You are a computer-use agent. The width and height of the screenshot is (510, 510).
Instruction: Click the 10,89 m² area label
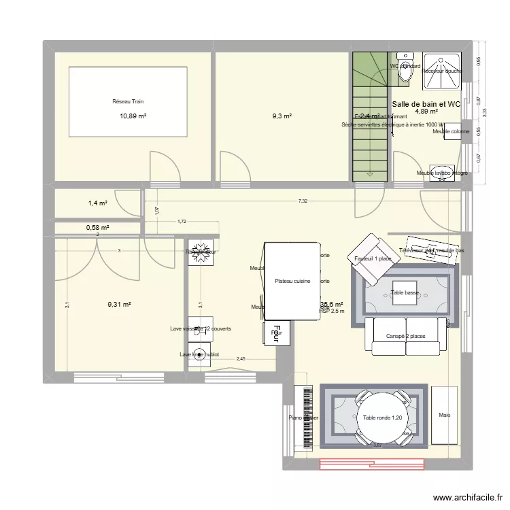coord(133,116)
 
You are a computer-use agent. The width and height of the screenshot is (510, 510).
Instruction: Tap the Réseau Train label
coord(128,101)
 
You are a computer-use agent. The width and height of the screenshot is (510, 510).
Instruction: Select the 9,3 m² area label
coord(282,116)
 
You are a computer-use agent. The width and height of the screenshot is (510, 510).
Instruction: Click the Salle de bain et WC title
coord(426,103)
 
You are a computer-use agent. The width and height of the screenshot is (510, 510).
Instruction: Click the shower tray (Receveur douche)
coord(442,71)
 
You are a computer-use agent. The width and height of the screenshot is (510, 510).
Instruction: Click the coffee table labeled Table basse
coord(405,292)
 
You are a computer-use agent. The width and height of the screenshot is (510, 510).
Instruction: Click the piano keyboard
coord(303,417)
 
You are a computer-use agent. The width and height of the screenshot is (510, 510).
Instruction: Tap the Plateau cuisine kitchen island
coord(292,281)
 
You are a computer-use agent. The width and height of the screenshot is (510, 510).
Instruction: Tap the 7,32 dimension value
coord(303,201)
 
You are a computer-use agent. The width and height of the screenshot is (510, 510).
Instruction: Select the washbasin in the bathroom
coord(443,171)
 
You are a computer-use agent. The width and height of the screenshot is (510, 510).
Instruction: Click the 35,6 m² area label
coord(331,305)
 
